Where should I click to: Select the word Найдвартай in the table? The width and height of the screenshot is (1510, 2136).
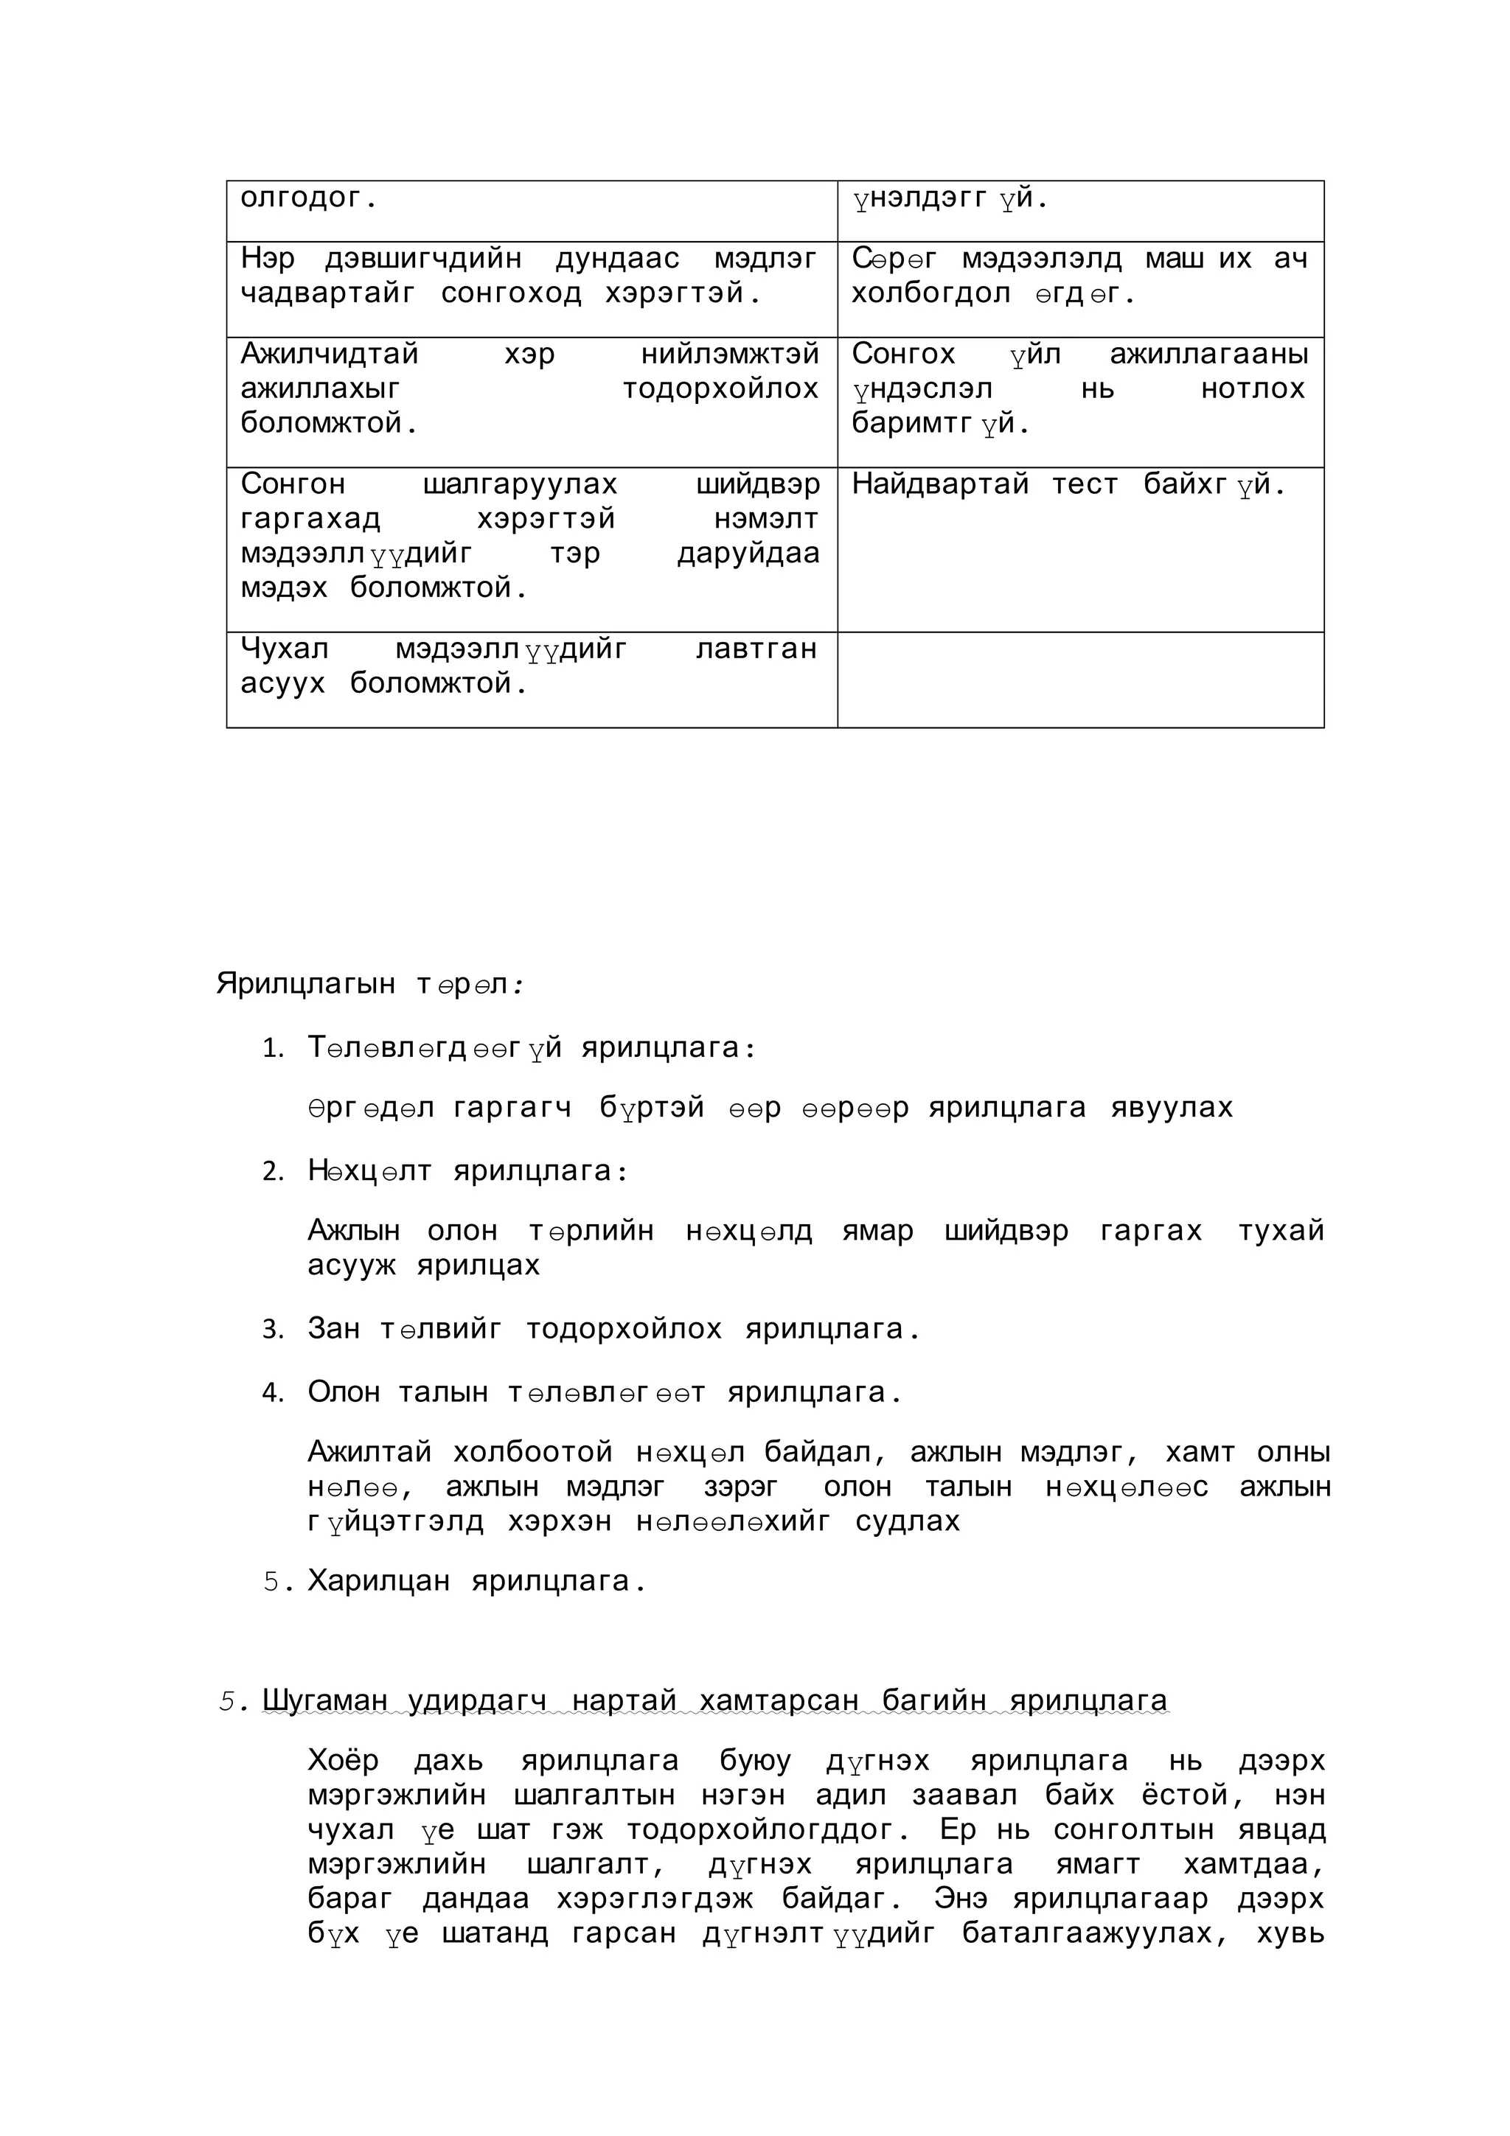point(939,484)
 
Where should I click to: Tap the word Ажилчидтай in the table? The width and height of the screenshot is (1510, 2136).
point(330,354)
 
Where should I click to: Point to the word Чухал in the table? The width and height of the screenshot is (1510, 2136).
point(284,649)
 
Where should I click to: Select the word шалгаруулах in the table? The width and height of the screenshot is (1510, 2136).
point(519,484)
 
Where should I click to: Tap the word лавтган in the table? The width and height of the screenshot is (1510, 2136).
point(756,649)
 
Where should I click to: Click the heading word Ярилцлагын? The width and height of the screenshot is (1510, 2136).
point(305,983)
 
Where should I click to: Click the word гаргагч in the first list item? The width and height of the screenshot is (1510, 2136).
point(512,1108)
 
